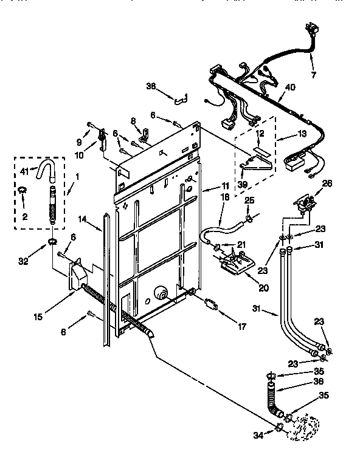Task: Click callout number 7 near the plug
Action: tap(313, 75)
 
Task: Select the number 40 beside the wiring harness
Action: tap(290, 87)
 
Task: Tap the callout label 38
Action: tap(151, 87)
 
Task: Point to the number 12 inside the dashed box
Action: tap(259, 134)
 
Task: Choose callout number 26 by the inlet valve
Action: tap(327, 183)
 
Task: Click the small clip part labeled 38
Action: tap(181, 97)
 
